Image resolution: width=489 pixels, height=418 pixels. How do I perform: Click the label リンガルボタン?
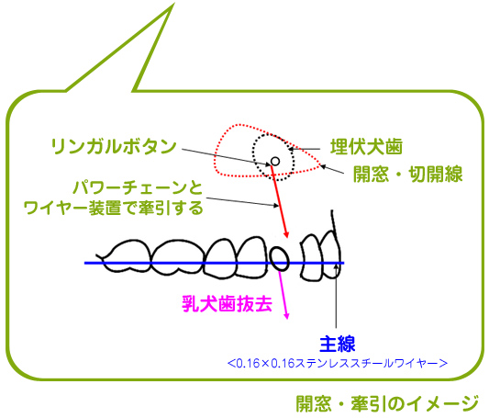tap(114, 146)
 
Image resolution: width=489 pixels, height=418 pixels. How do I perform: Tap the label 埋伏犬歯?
tap(366, 147)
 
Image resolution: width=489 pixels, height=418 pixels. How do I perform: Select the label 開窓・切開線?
tap(407, 174)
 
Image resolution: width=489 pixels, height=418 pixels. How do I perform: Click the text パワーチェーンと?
tap(139, 187)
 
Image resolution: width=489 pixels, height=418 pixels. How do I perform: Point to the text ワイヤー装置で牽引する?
tap(114, 208)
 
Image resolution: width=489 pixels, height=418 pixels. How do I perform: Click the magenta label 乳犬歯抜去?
tap(227, 304)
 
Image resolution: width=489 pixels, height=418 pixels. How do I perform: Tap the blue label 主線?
tap(338, 344)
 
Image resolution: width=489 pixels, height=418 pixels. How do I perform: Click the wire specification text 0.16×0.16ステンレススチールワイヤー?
tap(338, 364)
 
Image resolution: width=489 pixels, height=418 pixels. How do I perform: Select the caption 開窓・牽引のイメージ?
tap(387, 403)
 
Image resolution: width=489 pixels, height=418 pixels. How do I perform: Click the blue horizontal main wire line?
tap(214, 263)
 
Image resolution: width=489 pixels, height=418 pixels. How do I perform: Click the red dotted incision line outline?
tap(216, 156)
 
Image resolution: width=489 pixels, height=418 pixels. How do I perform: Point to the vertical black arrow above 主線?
tap(336, 295)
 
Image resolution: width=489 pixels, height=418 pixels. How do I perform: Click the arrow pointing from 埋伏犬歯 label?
tap(305, 149)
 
